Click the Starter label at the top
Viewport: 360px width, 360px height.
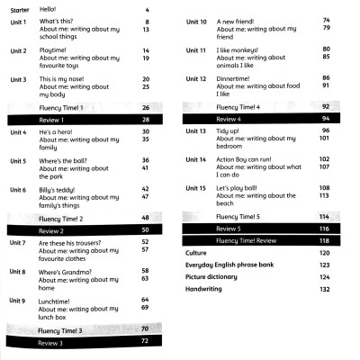[x=19, y=9]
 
